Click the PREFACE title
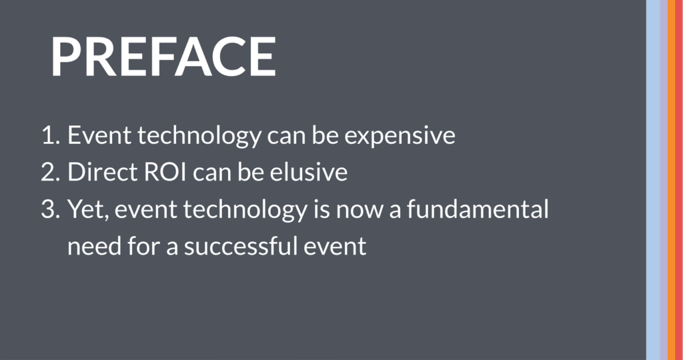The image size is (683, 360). point(164,56)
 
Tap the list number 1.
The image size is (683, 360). point(50,135)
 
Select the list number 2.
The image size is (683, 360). point(50,173)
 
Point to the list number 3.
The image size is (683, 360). point(50,209)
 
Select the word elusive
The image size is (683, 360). point(308,172)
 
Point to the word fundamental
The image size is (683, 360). point(478,209)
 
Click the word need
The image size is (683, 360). point(95,245)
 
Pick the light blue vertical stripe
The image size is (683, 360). point(652,180)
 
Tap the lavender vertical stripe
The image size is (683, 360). point(664,180)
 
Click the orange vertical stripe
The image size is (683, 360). point(671,180)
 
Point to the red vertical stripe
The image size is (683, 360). point(679,180)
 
